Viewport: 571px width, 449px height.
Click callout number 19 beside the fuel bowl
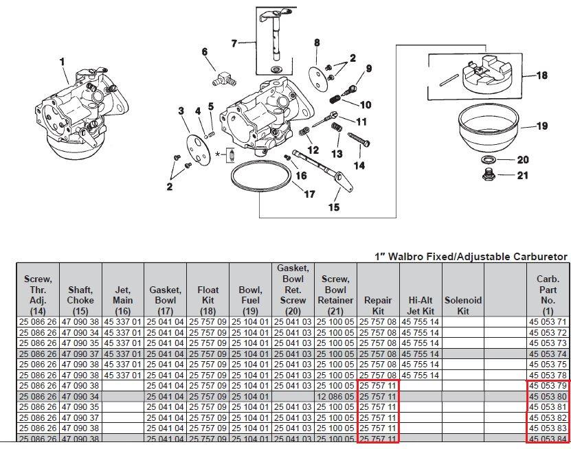(542, 126)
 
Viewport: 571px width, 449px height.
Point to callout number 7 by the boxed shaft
(234, 43)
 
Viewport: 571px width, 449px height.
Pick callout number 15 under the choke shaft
(334, 207)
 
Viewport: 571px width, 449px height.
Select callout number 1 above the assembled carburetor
(63, 62)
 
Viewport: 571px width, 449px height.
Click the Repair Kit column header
(378, 305)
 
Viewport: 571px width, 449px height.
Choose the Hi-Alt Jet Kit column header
(420, 305)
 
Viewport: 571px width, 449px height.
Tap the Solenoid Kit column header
(463, 305)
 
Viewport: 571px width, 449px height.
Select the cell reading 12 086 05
(335, 397)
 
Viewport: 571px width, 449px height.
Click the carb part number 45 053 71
(548, 322)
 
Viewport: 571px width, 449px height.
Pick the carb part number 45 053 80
(548, 397)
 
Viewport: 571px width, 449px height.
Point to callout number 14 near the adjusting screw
(359, 165)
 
